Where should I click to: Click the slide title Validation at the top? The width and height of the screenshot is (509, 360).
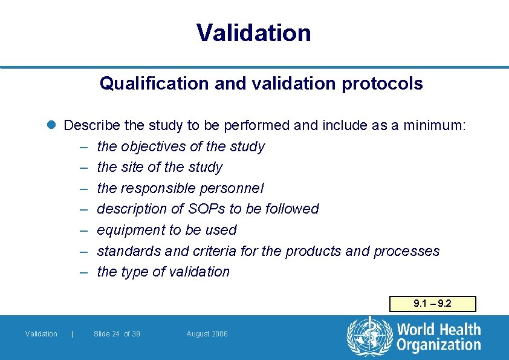point(254,33)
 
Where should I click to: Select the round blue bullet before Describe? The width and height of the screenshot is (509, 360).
point(52,126)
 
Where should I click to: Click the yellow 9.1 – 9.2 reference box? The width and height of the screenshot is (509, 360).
point(432,304)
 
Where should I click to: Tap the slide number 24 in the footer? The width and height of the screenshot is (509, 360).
point(115,334)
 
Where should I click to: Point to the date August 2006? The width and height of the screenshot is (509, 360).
point(207,334)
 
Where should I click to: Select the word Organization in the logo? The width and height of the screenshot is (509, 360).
point(438,345)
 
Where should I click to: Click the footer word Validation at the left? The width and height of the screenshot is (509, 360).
point(41,334)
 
